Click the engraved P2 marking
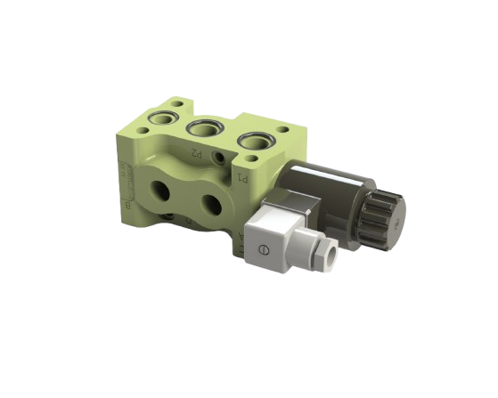pyautogui.click(x=196, y=152)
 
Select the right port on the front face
pyautogui.click(x=211, y=205)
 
